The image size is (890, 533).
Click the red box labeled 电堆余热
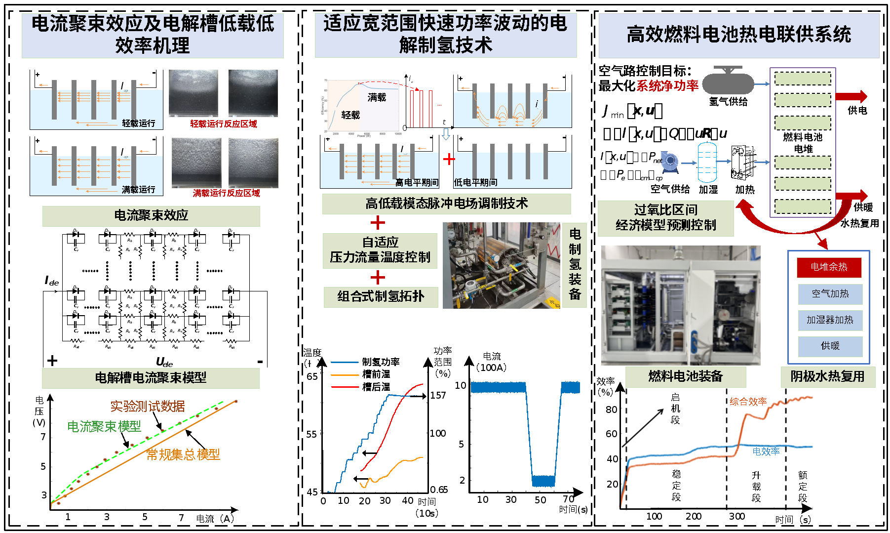tap(829, 267)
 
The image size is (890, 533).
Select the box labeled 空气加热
tap(830, 294)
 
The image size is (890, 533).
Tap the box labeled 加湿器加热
tap(830, 320)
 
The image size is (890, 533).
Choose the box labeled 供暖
tap(830, 346)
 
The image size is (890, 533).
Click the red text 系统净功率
tap(667, 86)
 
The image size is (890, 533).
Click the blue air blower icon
tap(670, 161)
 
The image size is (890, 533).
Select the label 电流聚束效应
tap(151, 216)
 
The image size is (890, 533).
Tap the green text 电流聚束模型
tap(104, 426)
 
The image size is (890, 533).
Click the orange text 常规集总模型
tap(183, 454)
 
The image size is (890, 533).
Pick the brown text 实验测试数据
tap(148, 406)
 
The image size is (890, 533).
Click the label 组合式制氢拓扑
tap(381, 297)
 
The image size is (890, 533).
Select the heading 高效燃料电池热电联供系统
tap(738, 35)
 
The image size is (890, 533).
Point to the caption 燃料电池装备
tap(685, 377)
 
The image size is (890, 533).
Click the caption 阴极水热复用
tap(827, 377)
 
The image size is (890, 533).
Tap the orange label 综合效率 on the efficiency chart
tap(748, 402)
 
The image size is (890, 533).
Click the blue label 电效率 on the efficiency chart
tap(766, 451)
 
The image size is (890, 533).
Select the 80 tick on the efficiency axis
tap(612, 410)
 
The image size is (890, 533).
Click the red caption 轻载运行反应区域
tap(224, 124)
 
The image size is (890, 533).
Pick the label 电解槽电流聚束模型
tap(151, 378)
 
